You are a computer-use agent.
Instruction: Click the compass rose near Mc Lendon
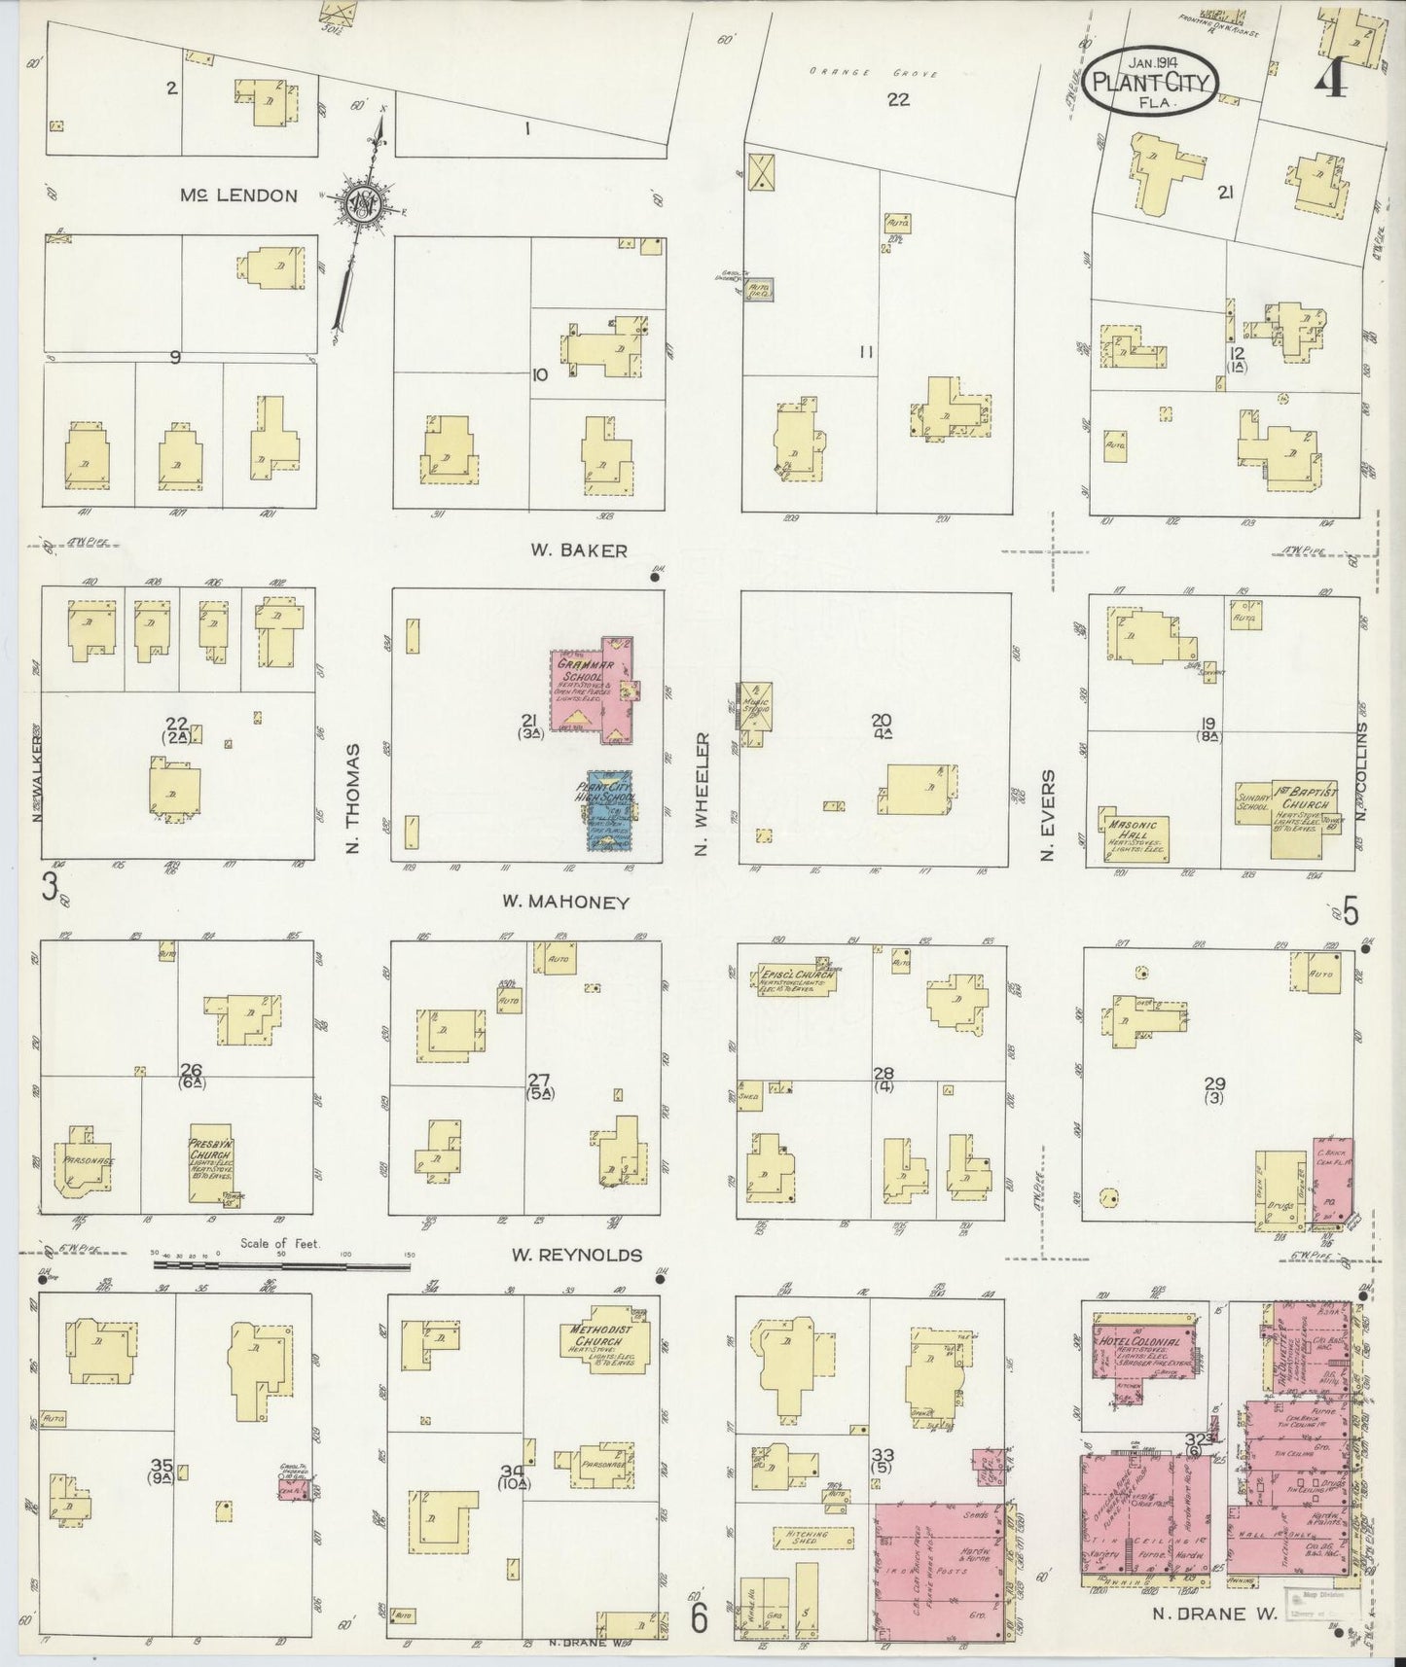(x=363, y=202)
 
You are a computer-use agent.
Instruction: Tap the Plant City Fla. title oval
(x=1149, y=82)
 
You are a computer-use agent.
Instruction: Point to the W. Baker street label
(x=564, y=550)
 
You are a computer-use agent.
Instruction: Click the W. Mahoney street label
(x=565, y=903)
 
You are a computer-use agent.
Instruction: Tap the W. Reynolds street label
(x=576, y=1256)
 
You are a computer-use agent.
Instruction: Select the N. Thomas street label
(x=352, y=799)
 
